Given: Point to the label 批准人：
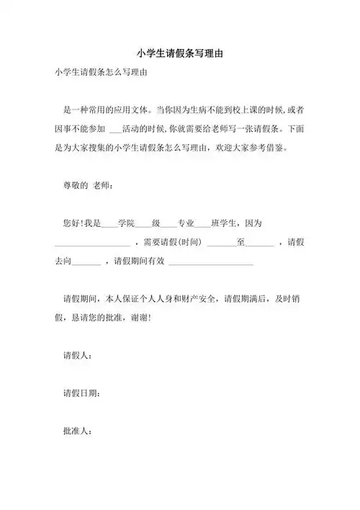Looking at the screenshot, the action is [x=78, y=431].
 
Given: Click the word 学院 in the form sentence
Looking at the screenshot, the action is [x=127, y=223].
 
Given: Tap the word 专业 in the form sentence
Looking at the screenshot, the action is [x=186, y=223].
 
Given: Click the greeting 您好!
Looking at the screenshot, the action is [x=74, y=223].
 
